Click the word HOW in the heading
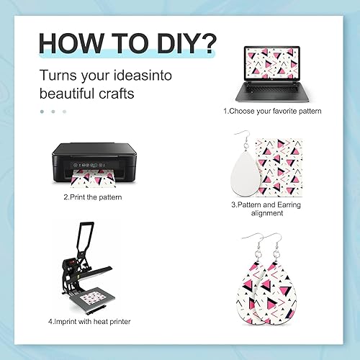click(67, 42)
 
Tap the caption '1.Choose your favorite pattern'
click(271, 111)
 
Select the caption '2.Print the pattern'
click(93, 197)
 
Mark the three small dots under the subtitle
click(53, 111)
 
